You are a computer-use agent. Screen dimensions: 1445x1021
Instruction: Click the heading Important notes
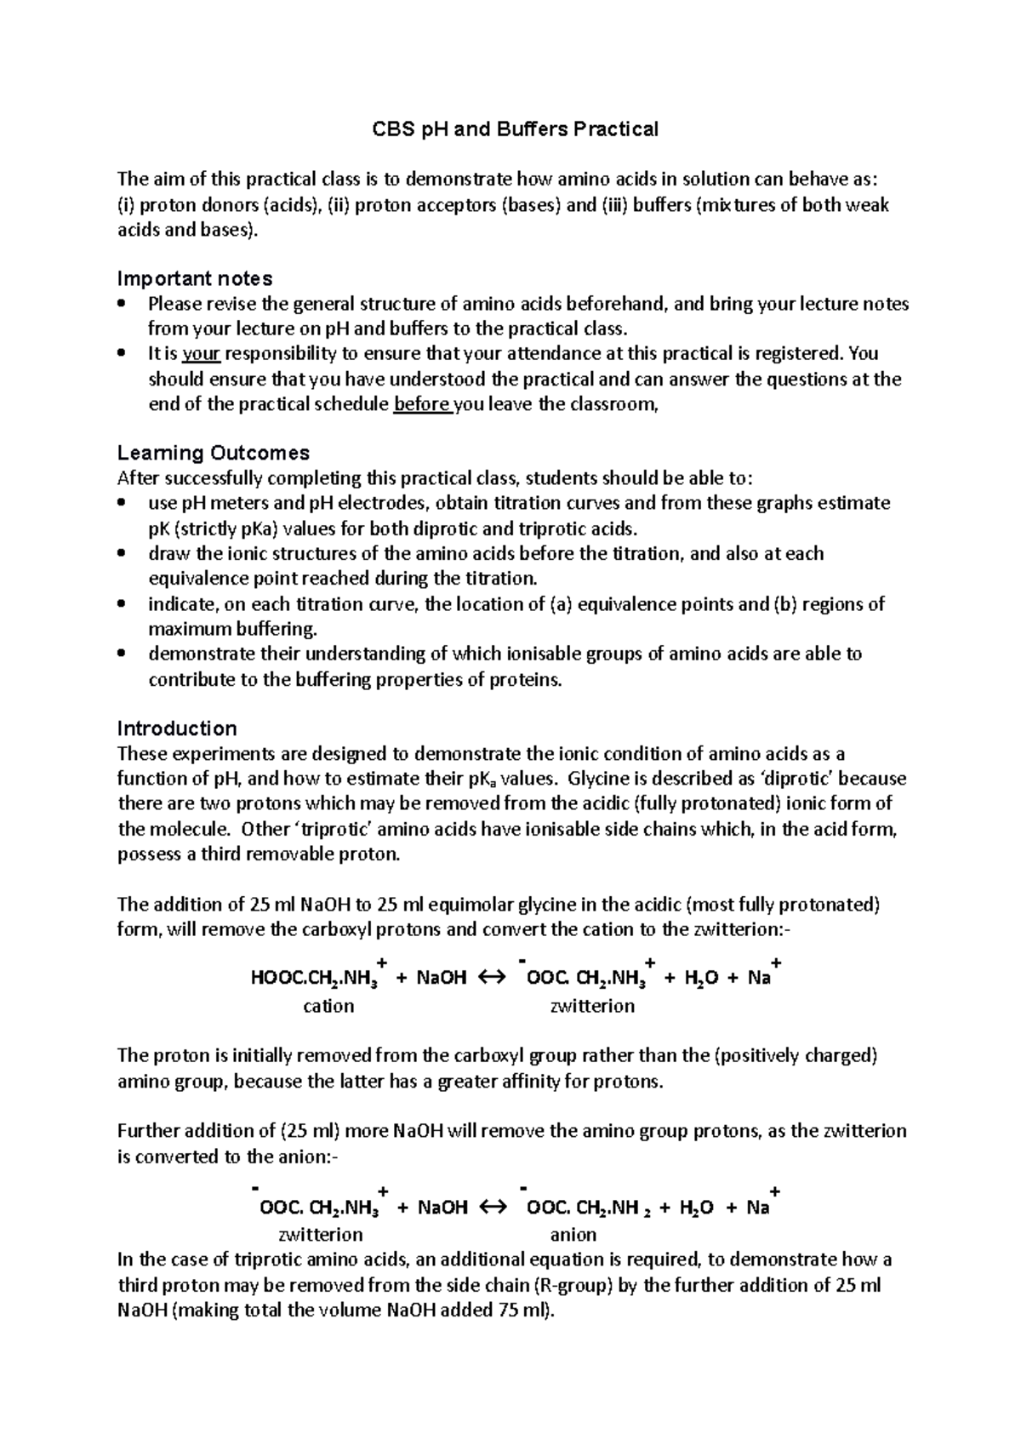194,278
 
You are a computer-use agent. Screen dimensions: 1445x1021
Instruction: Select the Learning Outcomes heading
213,452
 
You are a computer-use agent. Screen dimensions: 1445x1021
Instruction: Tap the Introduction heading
176,728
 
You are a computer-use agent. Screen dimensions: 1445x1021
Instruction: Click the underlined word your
202,354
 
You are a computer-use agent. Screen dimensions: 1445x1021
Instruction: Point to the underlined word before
423,404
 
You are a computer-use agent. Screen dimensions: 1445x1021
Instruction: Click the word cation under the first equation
328,1006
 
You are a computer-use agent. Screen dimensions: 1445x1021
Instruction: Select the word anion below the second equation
573,1234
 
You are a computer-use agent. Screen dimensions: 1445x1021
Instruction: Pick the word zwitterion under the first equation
593,1006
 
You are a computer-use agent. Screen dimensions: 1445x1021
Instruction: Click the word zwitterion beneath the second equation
316,1234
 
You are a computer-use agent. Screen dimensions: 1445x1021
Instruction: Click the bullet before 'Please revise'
124,304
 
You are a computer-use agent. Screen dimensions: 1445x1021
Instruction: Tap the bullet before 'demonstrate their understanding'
124,654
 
